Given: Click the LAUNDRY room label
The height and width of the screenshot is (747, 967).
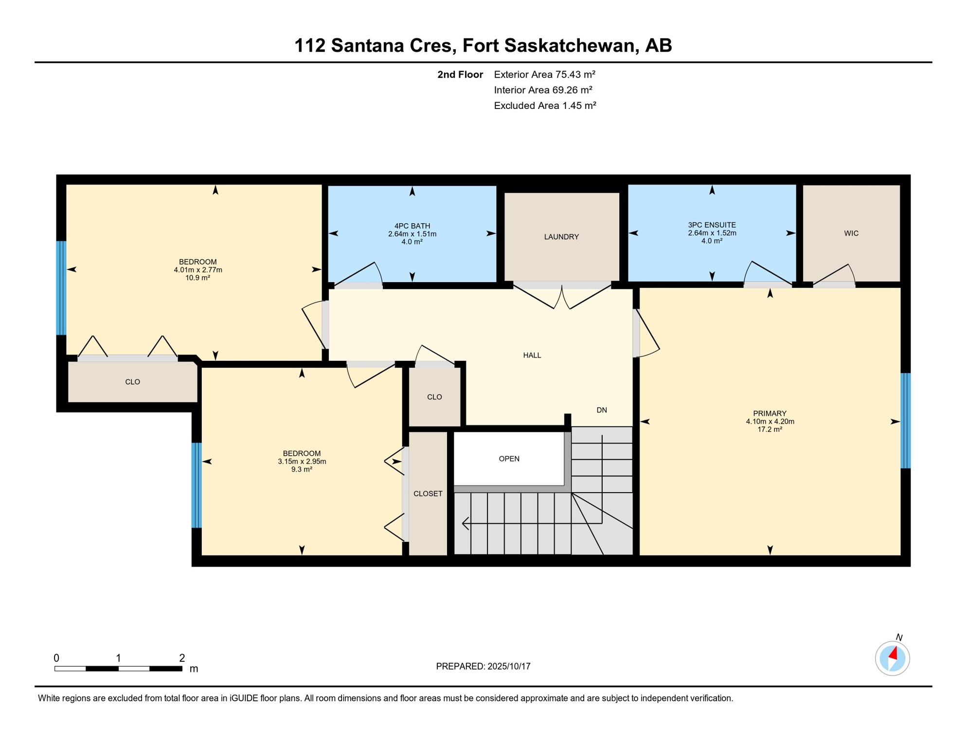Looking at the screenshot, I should click(561, 237).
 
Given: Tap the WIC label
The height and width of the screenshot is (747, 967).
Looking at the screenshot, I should click(851, 233).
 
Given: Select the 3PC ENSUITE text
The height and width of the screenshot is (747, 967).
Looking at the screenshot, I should click(712, 225).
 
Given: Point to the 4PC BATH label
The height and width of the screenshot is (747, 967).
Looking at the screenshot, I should click(412, 226).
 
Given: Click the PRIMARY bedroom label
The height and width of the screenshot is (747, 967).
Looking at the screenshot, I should click(770, 413).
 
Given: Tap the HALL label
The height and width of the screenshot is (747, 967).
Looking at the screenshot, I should click(532, 356).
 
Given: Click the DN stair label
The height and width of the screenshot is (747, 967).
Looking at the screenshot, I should click(602, 410).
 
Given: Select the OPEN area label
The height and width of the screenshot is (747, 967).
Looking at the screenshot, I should click(509, 459).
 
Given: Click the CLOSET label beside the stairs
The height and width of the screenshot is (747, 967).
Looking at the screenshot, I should click(428, 494).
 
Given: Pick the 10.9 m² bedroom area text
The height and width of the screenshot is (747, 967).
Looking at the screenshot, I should click(197, 278).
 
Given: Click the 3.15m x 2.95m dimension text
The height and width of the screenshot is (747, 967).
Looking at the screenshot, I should click(302, 462).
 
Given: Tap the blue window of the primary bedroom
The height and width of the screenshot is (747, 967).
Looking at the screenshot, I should click(905, 421).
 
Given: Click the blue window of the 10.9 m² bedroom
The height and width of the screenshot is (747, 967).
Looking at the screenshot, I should click(61, 288).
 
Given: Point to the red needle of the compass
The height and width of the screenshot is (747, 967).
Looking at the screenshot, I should click(894, 653).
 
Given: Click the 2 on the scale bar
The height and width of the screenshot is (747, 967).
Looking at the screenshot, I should click(182, 658).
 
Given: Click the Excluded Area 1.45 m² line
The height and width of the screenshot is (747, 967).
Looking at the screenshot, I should click(544, 106).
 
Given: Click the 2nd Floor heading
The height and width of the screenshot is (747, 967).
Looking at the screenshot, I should click(460, 75).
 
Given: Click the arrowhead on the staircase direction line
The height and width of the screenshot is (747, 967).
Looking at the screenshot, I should click(465, 524).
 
